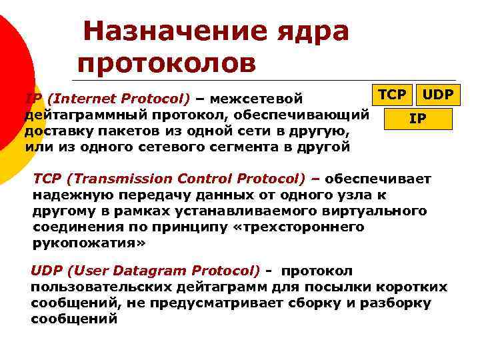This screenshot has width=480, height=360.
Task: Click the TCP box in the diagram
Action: click(x=391, y=95)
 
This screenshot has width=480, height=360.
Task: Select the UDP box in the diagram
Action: click(x=437, y=95)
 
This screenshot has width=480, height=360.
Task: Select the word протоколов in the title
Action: click(x=166, y=63)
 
